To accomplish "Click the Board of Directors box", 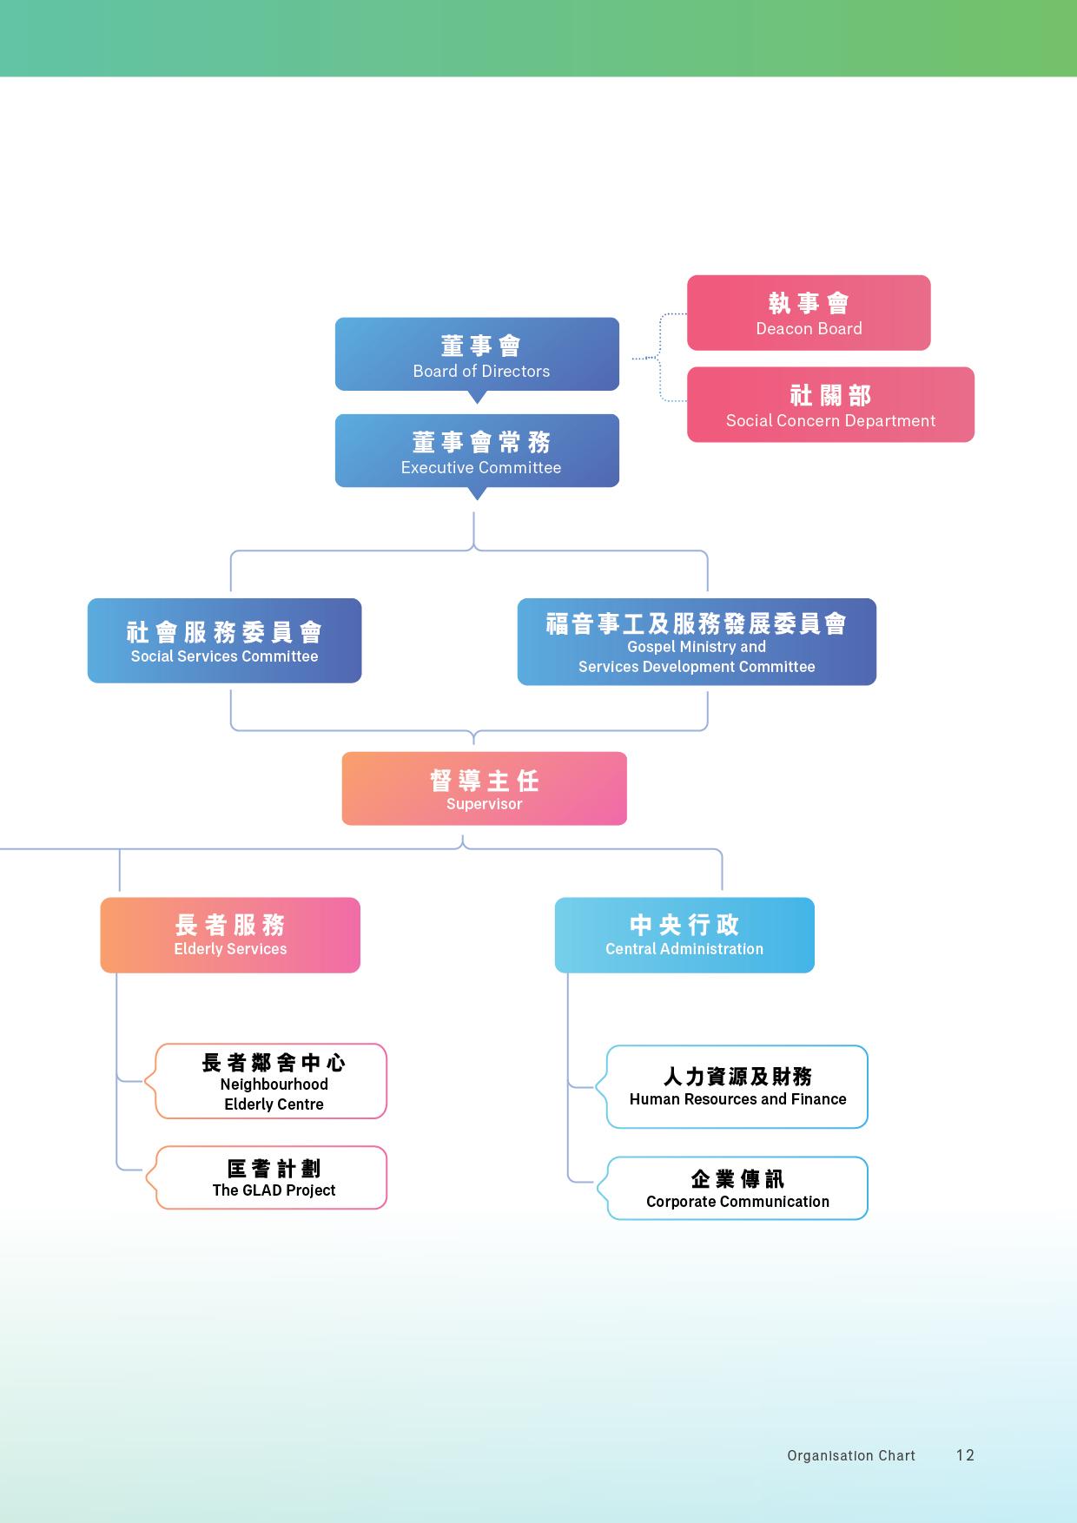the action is click(477, 354).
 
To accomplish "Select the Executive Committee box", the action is click(477, 451).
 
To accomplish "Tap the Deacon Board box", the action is click(809, 313).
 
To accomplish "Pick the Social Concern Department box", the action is click(830, 405).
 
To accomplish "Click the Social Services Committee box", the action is click(224, 641).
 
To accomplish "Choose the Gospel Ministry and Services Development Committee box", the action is click(697, 643).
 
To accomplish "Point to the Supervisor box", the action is click(484, 788).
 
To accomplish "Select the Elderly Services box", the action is click(230, 935).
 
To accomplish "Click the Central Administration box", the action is click(684, 935).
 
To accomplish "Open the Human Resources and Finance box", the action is click(737, 1087).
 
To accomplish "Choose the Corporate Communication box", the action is click(737, 1188).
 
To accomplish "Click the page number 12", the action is click(965, 1455).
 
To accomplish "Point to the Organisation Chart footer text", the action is click(851, 1456).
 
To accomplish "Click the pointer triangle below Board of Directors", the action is click(477, 398).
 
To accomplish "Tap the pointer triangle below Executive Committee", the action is click(477, 494).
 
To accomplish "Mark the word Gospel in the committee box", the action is click(651, 647).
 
